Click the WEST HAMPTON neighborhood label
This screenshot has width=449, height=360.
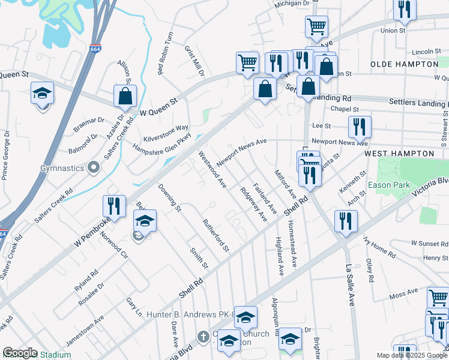(399, 154)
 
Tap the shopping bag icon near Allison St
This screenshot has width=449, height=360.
(125, 96)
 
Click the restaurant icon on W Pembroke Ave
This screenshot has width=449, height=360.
(113, 206)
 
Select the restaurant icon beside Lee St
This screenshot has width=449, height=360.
(360, 127)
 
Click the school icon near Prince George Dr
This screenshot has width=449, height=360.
(43, 93)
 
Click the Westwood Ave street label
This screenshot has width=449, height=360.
(212, 169)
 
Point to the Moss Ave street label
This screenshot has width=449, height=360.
(403, 293)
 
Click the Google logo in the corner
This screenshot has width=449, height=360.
(20, 353)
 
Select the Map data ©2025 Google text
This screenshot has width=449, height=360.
(411, 355)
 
